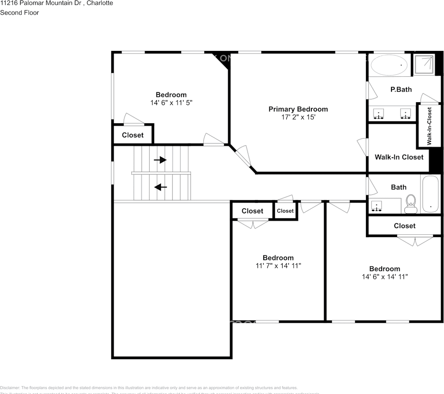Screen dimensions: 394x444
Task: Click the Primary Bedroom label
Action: pos(298,109)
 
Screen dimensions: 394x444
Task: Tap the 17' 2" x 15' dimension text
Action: pos(298,117)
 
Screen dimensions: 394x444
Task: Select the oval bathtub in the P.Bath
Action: pos(389,65)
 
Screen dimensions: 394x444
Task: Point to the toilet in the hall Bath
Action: pos(410,204)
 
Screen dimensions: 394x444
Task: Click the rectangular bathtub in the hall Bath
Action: pos(430,194)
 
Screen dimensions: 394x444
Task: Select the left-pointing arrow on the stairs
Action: pos(160,188)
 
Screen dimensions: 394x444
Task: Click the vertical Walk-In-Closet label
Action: pos(429,126)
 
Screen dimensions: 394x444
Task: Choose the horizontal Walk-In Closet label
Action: pos(399,157)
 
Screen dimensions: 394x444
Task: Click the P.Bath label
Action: pos(401,89)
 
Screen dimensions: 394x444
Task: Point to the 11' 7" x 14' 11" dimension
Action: pos(278,266)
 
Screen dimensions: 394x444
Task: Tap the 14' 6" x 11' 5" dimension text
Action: pos(171,103)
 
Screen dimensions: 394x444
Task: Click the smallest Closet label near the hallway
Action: pos(285,211)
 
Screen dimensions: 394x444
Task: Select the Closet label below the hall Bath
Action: pos(404,226)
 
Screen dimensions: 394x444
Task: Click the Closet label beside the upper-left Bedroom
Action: pos(133,135)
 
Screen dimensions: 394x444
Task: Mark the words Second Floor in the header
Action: pos(19,13)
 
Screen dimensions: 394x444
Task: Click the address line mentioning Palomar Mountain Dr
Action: pos(56,3)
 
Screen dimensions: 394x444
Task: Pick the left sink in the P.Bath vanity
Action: pos(378,114)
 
